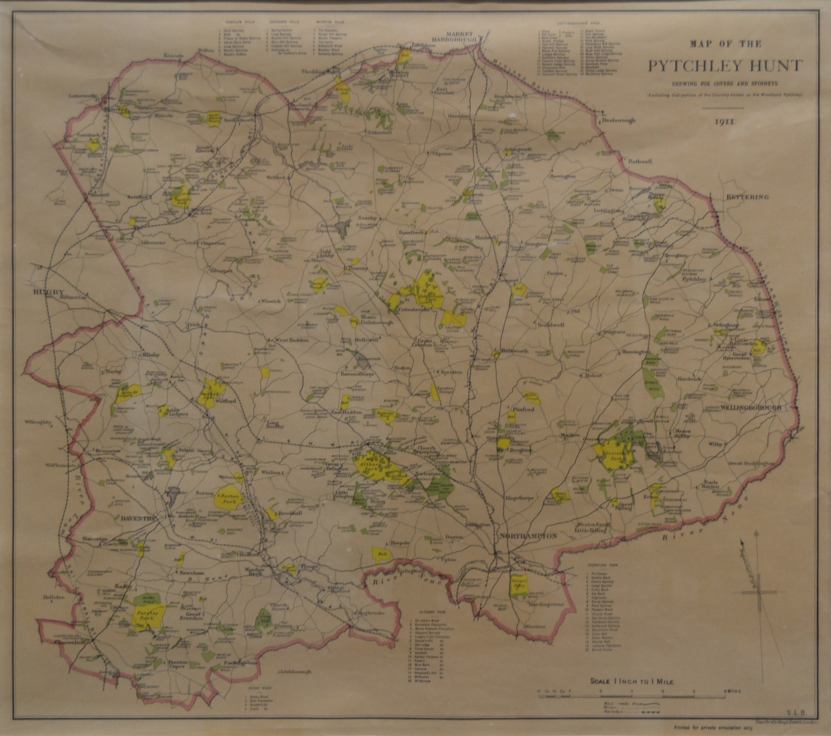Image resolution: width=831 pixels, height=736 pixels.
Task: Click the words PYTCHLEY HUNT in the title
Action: click(726, 66)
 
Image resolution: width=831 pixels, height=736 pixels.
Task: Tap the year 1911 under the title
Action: click(726, 121)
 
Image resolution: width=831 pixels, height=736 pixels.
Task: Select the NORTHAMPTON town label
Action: click(528, 536)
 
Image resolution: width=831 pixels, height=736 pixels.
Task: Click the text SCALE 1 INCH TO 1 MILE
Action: click(631, 681)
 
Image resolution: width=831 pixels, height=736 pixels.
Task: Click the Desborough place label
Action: click(618, 121)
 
